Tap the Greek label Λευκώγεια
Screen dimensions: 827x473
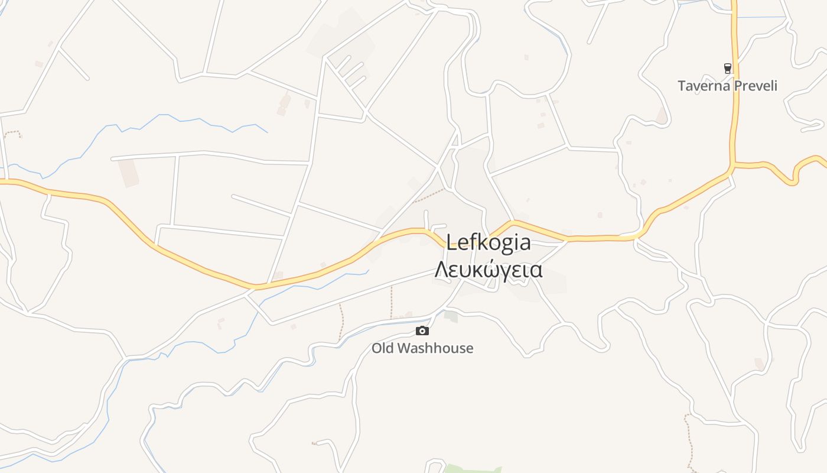click(489, 269)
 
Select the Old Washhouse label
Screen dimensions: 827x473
click(422, 348)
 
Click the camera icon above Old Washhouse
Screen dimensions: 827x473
click(422, 331)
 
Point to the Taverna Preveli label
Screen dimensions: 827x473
click(727, 86)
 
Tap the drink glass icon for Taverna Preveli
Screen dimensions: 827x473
click(728, 68)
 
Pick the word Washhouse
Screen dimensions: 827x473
click(435, 348)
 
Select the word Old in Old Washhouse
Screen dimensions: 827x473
click(383, 348)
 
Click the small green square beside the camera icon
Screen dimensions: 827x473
click(451, 316)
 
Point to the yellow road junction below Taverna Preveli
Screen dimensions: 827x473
click(732, 165)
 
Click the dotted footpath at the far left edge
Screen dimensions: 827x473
click(12, 133)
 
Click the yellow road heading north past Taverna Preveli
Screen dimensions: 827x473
click(735, 35)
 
